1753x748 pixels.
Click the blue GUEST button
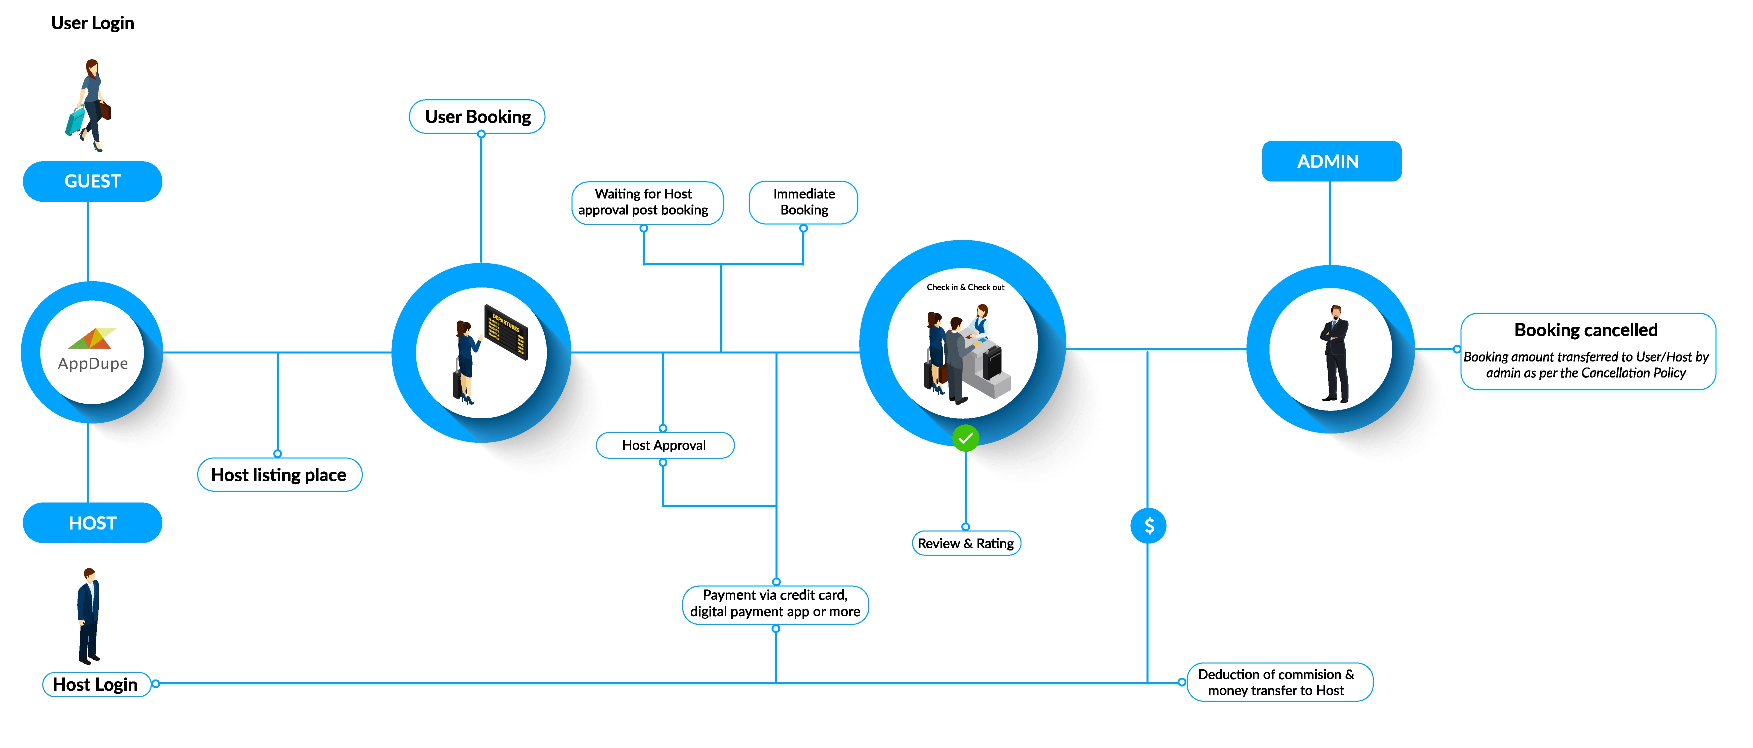[92, 181]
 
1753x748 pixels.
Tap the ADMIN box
[1331, 161]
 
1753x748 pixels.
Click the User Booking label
[477, 117]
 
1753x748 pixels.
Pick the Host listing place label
[279, 475]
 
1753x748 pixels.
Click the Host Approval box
[665, 446]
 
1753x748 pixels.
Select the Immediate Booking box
[803, 202]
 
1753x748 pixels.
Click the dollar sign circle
[1148, 526]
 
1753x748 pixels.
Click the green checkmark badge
[965, 438]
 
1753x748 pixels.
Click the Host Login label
[96, 684]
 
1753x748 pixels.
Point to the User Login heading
[92, 23]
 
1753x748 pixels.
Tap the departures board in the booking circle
[506, 331]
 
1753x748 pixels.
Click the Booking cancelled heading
[1585, 330]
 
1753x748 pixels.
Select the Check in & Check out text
[965, 288]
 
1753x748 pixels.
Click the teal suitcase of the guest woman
[75, 121]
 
